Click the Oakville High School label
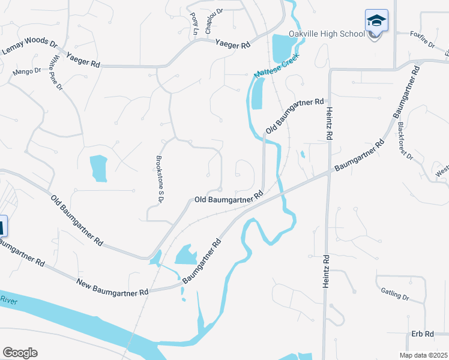click(x=327, y=34)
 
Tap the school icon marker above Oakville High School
click(x=376, y=21)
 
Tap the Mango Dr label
click(x=26, y=72)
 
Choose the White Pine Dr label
click(x=58, y=73)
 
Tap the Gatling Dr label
click(x=394, y=294)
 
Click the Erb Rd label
click(x=423, y=334)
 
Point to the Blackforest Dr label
click(x=406, y=142)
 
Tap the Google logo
click(x=20, y=353)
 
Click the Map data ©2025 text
click(x=423, y=355)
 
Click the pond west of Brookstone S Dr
click(x=98, y=169)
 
